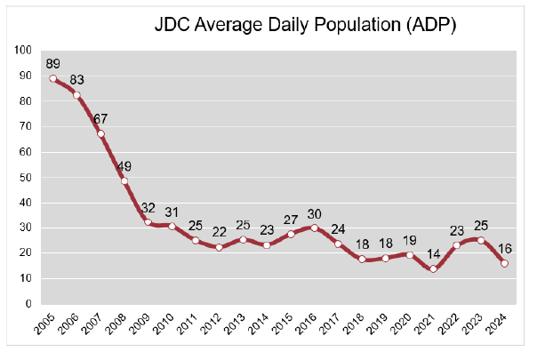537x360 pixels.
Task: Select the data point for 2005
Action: [x=53, y=78]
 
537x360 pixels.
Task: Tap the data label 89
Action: [x=53, y=63]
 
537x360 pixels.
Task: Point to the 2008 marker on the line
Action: [x=124, y=180]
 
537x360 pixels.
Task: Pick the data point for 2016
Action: [x=315, y=228]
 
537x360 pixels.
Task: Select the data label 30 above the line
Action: [x=315, y=212]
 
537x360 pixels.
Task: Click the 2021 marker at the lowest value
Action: [x=433, y=268]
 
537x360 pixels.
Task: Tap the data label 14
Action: [x=433, y=253]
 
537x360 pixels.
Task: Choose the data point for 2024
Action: [x=504, y=263]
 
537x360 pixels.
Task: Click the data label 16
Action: [x=505, y=248]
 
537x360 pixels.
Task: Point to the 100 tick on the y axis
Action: [x=24, y=51]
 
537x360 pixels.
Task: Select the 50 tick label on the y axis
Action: [x=27, y=177]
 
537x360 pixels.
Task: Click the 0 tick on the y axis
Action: [x=29, y=304]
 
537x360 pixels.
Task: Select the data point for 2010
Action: [x=172, y=226]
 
